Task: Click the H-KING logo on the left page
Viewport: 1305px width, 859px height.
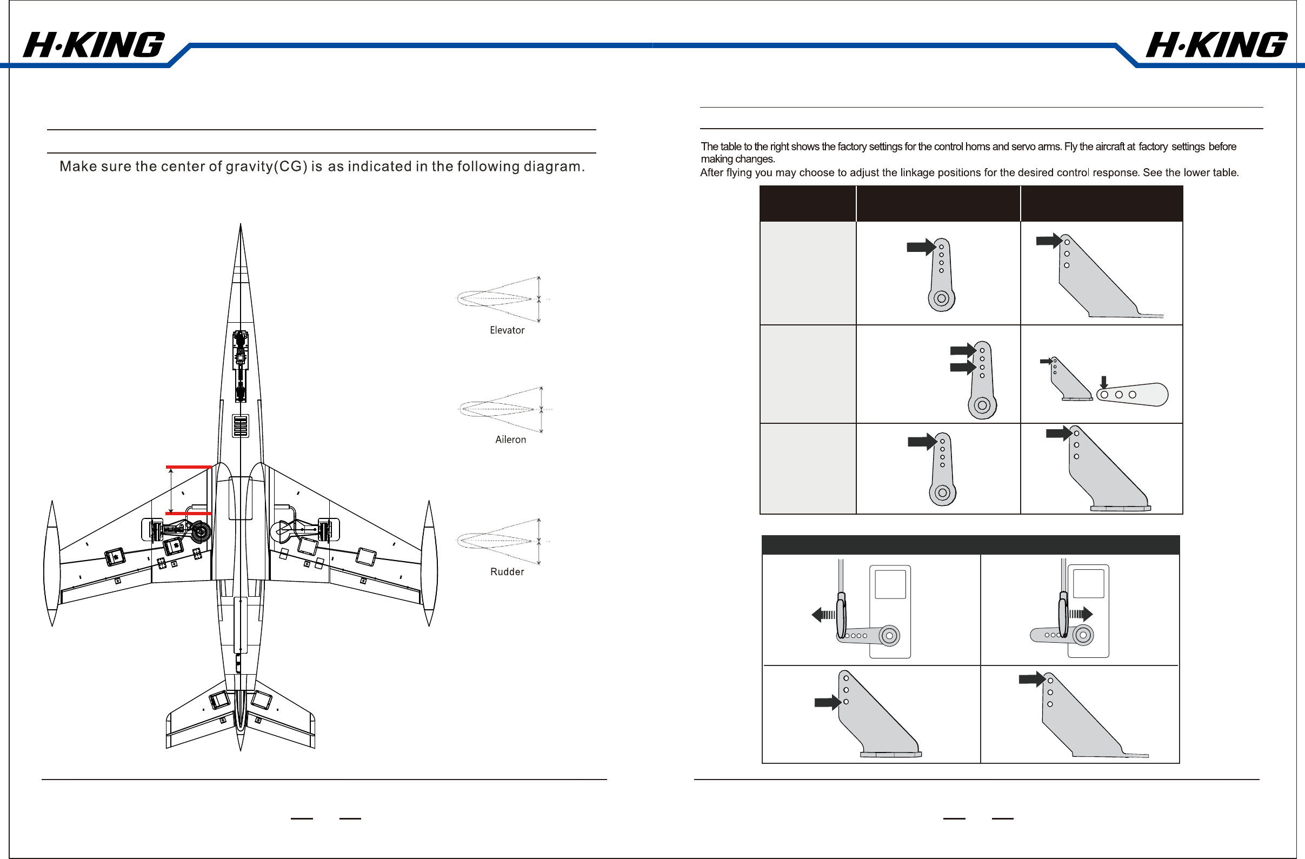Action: (x=94, y=45)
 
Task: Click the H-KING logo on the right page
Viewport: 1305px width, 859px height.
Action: (x=1216, y=45)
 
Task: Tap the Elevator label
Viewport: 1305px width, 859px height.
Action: (x=507, y=330)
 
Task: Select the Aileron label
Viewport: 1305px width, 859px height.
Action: (x=510, y=440)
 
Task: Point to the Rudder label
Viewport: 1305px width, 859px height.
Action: (x=507, y=572)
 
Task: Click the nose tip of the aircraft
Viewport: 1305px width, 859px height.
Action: (x=241, y=224)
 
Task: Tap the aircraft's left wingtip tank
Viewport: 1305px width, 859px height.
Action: (x=51, y=563)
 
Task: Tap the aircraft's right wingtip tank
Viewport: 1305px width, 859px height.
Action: (x=429, y=563)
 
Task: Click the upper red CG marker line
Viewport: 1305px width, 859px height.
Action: (x=189, y=467)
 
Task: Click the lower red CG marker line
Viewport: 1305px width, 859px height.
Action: (x=189, y=514)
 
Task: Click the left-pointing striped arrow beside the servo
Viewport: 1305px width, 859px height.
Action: (x=823, y=615)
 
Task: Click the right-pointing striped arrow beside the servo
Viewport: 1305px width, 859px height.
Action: (x=1081, y=614)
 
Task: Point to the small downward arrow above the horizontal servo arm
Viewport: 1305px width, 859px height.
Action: (x=1104, y=382)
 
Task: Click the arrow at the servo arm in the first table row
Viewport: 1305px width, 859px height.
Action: (x=922, y=247)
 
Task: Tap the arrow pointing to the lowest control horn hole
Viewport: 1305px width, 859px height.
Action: (x=828, y=702)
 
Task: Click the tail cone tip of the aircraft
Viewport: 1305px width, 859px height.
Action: (x=241, y=749)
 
